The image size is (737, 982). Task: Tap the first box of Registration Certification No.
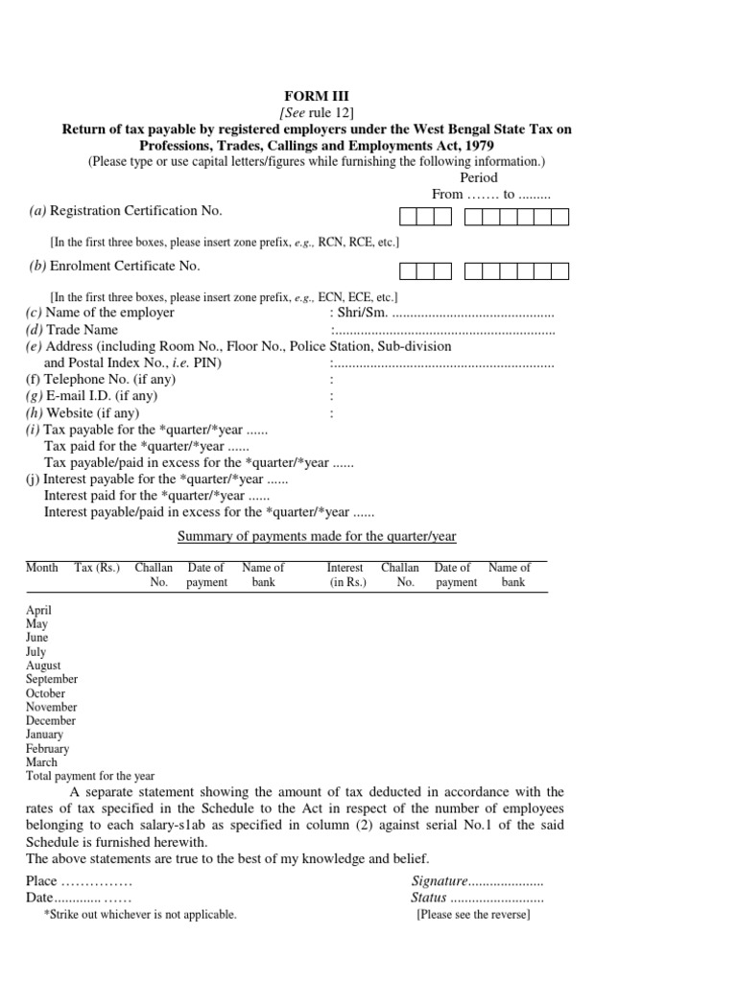(x=407, y=217)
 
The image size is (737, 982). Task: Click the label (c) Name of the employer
(x=100, y=313)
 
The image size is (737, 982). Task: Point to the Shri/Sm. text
(x=359, y=313)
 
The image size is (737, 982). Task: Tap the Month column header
(x=41, y=568)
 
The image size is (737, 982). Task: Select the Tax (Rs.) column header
(x=97, y=568)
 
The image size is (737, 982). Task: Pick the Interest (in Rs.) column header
(x=346, y=575)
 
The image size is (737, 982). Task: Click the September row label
(x=52, y=679)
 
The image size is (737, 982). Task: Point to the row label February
(x=47, y=749)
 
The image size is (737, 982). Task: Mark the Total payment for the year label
(x=90, y=776)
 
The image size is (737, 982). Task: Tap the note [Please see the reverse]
(x=473, y=915)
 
